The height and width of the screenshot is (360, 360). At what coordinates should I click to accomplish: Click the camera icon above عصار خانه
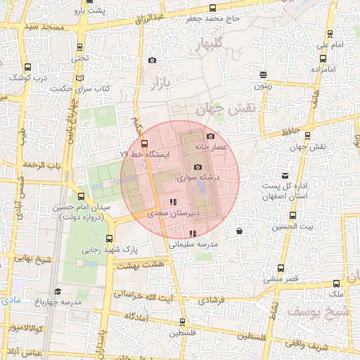210,136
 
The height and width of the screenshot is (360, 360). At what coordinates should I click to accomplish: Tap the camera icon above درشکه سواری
198,167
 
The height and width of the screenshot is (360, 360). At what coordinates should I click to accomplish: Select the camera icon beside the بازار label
153,60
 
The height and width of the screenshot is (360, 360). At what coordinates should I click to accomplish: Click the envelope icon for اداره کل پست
285,175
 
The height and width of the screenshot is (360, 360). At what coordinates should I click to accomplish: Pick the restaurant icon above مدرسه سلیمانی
193,233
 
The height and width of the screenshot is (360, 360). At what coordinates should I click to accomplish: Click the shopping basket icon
240,231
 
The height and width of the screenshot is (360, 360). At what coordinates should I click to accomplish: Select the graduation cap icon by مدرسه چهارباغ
57,291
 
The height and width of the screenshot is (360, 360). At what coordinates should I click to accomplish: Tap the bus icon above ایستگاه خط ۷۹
144,143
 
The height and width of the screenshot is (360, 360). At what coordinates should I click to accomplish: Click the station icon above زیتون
263,75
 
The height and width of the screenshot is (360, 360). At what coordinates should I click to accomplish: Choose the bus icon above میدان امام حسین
81,196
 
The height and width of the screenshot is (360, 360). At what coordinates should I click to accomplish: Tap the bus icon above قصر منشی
281,268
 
